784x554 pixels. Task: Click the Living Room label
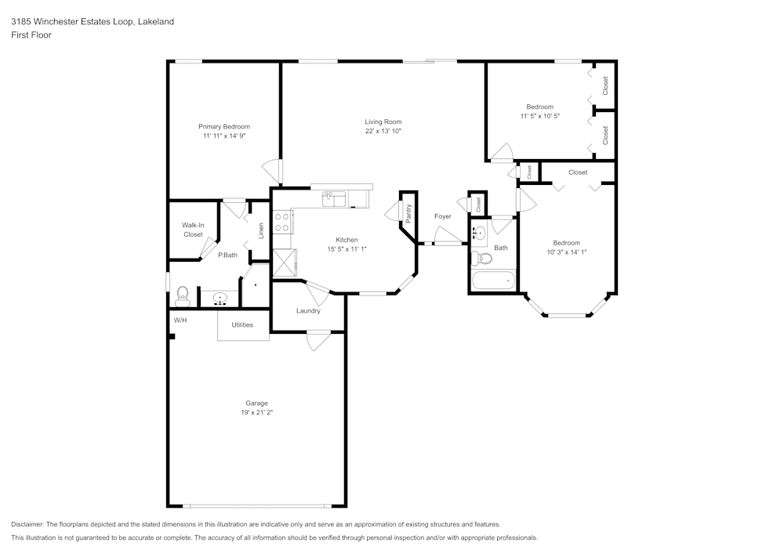pos(383,121)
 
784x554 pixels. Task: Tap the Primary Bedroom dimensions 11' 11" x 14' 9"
pos(224,136)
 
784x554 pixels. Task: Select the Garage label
pos(256,403)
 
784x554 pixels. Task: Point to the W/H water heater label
pos(180,320)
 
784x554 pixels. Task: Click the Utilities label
pos(242,324)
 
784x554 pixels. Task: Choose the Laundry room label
pos(308,310)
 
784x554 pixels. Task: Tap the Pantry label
pos(408,212)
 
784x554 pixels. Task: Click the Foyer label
pos(443,215)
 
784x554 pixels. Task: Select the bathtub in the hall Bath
pos(493,279)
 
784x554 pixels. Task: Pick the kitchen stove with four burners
pos(282,222)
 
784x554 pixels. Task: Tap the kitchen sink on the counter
pos(334,199)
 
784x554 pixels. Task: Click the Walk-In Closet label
pos(193,230)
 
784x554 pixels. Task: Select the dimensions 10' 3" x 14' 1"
pos(566,252)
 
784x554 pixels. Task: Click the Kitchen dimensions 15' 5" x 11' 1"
pos(347,249)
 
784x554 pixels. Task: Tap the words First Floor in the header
pos(31,35)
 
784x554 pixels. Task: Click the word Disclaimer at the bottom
pos(28,523)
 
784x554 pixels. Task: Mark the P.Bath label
pos(227,255)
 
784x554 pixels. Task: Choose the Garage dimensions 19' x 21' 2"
pos(256,412)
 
